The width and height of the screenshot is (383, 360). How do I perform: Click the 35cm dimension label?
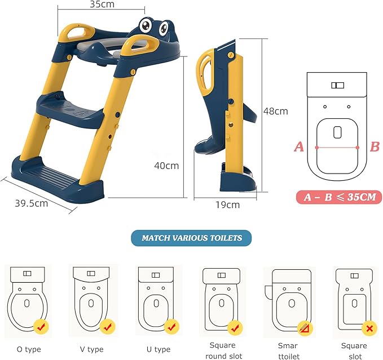[x=102, y=4]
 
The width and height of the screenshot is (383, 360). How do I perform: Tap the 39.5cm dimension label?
[x=32, y=203]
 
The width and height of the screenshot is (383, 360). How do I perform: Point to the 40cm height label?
[x=166, y=166]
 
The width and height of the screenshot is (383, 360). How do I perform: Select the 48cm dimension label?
[x=275, y=111]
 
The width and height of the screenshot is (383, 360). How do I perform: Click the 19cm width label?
[x=227, y=205]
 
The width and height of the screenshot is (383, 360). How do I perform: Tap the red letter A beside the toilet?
[x=299, y=147]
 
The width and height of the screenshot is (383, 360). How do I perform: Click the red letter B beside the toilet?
[x=375, y=147]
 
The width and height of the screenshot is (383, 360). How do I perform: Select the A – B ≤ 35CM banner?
[x=339, y=197]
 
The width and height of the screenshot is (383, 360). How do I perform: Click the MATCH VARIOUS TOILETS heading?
[x=192, y=238]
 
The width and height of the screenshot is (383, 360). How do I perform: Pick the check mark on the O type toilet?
[x=41, y=326]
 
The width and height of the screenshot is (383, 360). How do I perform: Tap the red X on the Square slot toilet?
[x=369, y=328]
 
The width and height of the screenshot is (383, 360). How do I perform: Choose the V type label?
[x=91, y=349]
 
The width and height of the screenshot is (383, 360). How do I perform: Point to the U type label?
[x=159, y=349]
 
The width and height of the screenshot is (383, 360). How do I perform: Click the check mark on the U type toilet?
[x=171, y=326]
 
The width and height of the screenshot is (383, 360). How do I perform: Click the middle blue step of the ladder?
[x=70, y=109]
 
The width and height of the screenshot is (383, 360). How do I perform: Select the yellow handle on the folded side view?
[x=205, y=72]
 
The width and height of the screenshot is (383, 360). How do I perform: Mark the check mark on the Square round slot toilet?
[x=235, y=328]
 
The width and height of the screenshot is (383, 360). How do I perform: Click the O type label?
[x=29, y=349]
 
